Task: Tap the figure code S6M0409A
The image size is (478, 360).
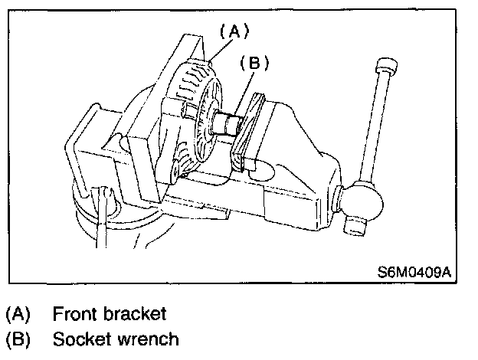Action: [414, 271]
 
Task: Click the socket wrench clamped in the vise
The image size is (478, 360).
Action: [228, 122]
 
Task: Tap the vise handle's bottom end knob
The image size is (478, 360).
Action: [355, 225]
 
